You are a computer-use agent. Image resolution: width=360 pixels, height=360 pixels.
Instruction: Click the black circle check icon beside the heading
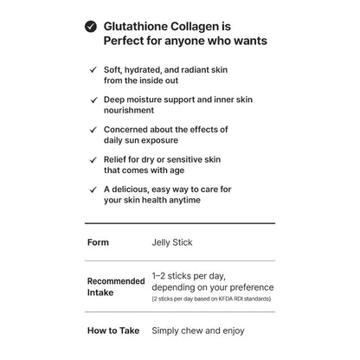click(x=91, y=27)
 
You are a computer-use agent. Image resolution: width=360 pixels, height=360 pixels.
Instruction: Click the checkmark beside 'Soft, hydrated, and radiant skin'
click(x=94, y=69)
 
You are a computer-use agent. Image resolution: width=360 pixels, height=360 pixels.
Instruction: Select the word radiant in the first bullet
click(x=199, y=69)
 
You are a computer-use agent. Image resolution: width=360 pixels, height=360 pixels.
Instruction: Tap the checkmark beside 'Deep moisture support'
click(x=94, y=100)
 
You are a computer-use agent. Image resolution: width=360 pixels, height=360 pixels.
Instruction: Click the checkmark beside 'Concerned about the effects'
click(x=94, y=130)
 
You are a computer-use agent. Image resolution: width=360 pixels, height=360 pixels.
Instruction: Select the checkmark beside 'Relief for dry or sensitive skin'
click(x=94, y=160)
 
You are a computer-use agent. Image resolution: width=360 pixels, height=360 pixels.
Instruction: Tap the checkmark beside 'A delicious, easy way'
click(x=94, y=190)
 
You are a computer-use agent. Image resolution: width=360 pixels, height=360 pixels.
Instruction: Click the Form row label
click(x=98, y=242)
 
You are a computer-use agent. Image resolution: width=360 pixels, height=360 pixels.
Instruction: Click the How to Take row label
click(x=112, y=331)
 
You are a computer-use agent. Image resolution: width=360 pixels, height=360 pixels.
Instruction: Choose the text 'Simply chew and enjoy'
click(x=198, y=331)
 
